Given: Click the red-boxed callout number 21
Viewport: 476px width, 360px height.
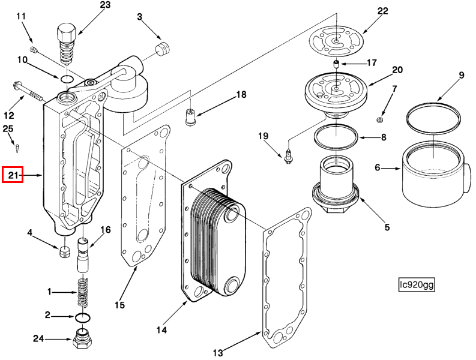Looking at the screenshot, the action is (13, 175).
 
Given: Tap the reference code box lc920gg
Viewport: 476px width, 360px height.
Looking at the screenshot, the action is (417, 285).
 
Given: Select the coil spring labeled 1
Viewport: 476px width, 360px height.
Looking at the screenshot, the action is (82, 292).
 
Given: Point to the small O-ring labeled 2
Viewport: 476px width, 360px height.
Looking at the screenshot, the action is (82, 318).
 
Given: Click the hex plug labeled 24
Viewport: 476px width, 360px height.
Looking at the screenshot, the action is (83, 338).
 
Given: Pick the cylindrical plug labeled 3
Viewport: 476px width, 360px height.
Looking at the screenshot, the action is (163, 49).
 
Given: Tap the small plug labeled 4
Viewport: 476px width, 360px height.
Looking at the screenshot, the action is (64, 251).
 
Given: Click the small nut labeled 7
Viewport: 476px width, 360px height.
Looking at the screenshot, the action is (379, 121).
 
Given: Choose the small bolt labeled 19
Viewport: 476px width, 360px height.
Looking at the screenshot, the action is (288, 156).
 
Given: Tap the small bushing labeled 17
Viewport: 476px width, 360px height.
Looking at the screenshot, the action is (336, 64).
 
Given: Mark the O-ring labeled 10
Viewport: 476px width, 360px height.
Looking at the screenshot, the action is (67, 79).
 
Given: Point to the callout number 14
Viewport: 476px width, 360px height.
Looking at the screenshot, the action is (161, 329).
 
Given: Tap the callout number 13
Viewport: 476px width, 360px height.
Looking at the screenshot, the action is (218, 353).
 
